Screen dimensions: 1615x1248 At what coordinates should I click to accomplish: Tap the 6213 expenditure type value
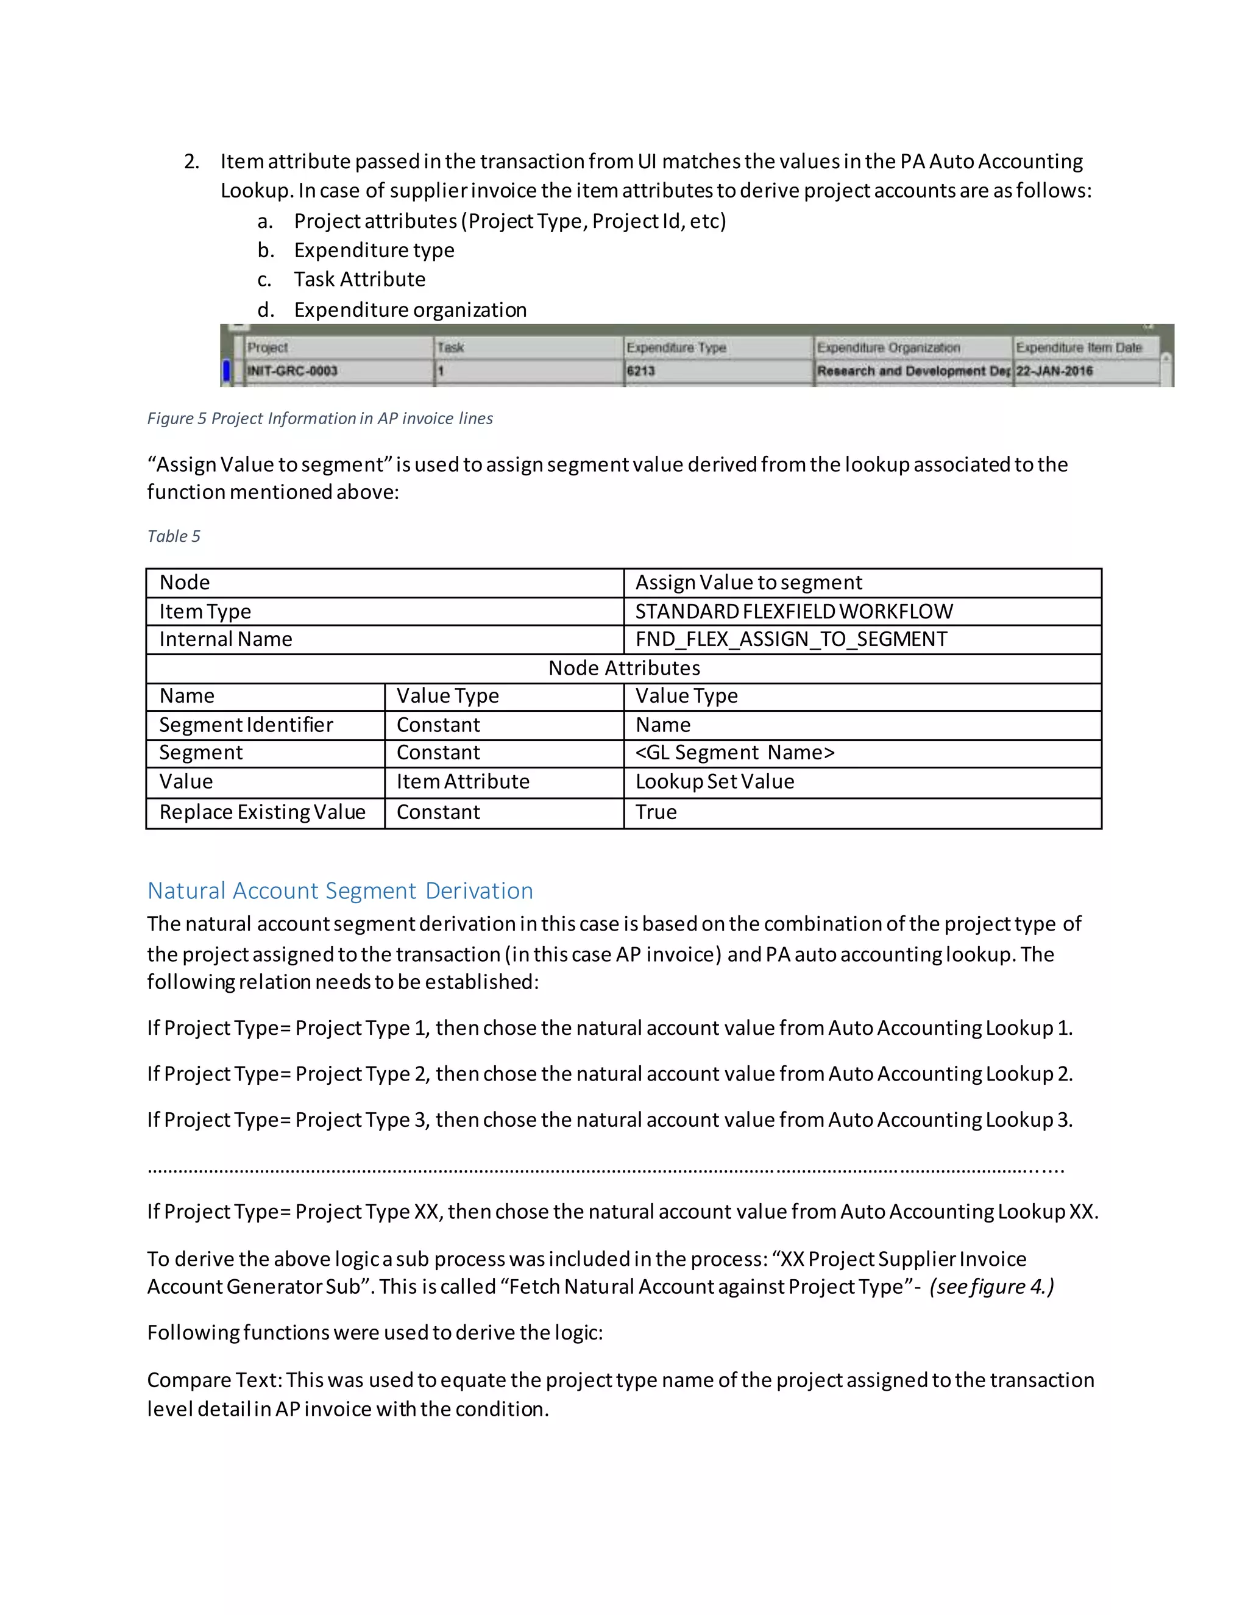[640, 371]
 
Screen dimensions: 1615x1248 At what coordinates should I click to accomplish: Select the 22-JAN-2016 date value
[1054, 371]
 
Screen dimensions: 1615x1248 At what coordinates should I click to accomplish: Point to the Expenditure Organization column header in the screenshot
[888, 347]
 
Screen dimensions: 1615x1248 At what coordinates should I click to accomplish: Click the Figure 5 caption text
[319, 419]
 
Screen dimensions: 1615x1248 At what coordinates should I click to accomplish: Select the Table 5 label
[173, 536]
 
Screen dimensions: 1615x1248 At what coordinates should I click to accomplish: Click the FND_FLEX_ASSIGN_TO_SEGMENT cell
[790, 639]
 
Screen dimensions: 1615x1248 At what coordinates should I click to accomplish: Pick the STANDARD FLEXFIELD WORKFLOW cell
[793, 611]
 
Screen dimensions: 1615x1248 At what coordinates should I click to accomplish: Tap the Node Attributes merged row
[623, 668]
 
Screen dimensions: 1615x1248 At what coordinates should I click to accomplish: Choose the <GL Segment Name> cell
[734, 753]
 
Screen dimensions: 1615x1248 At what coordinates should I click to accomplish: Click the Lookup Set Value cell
[714, 782]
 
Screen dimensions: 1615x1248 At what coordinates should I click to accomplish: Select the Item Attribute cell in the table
[463, 782]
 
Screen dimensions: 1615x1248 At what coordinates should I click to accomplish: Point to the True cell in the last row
[656, 812]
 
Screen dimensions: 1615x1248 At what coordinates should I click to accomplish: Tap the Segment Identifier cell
[246, 725]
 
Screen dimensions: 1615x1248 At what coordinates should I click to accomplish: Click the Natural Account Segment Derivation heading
[340, 890]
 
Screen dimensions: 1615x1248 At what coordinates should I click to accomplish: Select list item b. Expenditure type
[374, 250]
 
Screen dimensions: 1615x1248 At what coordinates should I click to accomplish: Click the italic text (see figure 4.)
[991, 1287]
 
